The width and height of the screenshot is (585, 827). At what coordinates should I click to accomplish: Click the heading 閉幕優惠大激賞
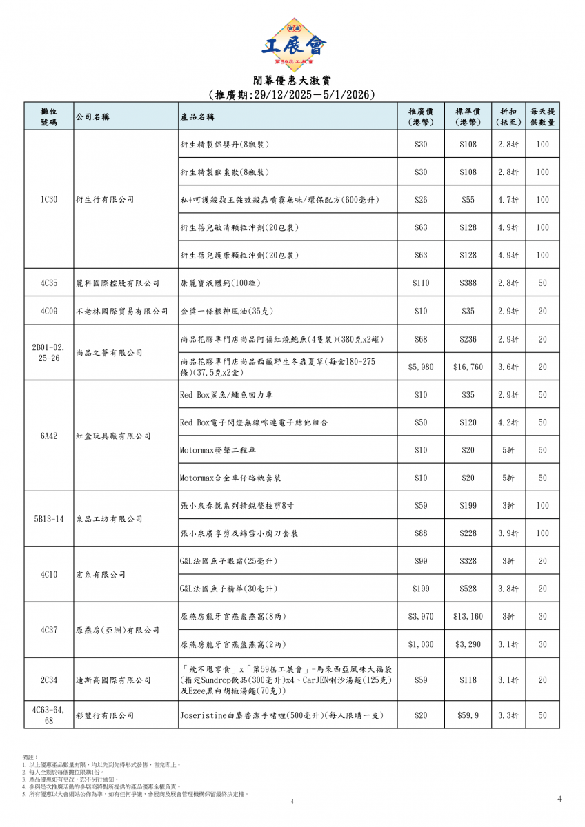click(x=292, y=80)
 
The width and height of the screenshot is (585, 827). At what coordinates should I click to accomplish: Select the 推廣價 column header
click(x=420, y=116)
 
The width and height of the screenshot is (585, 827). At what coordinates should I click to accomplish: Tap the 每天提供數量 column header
click(x=543, y=116)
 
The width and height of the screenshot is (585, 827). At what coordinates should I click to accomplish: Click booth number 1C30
click(x=48, y=200)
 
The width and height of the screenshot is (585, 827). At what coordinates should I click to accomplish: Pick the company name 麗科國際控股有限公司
click(x=117, y=283)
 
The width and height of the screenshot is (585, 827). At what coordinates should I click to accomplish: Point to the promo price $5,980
click(x=421, y=367)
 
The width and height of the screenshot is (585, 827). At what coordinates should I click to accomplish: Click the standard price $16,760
click(x=468, y=367)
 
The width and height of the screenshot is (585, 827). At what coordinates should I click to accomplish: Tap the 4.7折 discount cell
click(x=508, y=200)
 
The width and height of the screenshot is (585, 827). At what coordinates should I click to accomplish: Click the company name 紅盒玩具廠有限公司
click(x=113, y=436)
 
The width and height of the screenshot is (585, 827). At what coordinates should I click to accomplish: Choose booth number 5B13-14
click(x=48, y=520)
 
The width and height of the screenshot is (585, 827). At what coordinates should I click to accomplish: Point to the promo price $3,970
click(x=421, y=617)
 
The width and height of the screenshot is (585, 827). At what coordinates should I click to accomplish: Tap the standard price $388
click(x=468, y=283)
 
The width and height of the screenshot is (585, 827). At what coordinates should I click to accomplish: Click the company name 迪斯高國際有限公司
click(x=113, y=680)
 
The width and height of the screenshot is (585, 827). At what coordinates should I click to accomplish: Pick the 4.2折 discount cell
click(x=508, y=422)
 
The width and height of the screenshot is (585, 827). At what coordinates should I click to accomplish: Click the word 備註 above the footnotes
click(x=30, y=757)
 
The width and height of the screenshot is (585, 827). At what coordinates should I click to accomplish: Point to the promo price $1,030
click(x=421, y=644)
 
